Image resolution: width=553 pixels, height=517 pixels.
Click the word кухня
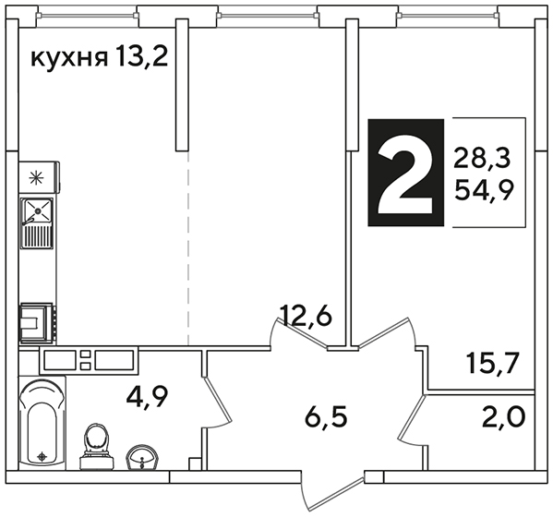(x=69, y=58)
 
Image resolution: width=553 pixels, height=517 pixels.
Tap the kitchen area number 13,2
(x=141, y=57)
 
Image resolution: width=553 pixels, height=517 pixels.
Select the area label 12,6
(x=306, y=316)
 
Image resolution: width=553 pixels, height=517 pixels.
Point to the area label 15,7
(x=493, y=363)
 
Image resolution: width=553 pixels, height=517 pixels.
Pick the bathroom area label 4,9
(x=148, y=397)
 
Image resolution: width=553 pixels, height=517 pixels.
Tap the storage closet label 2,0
(x=504, y=416)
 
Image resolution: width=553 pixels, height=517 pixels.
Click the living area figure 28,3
(x=482, y=157)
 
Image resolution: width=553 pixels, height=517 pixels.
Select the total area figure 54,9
(x=484, y=190)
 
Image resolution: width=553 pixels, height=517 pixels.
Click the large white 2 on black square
(x=405, y=173)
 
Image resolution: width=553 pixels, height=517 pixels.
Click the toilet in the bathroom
(x=96, y=447)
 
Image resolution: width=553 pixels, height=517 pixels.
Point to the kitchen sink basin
(x=37, y=211)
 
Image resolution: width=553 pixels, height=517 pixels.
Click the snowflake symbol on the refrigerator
(x=36, y=178)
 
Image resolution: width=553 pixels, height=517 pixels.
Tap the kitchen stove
(x=38, y=323)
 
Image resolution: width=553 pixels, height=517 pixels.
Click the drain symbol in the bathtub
(x=42, y=457)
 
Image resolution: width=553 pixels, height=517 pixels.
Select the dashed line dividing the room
(x=188, y=248)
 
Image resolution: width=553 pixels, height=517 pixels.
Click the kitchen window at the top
(x=88, y=15)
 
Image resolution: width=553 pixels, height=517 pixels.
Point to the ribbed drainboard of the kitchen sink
(x=38, y=236)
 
